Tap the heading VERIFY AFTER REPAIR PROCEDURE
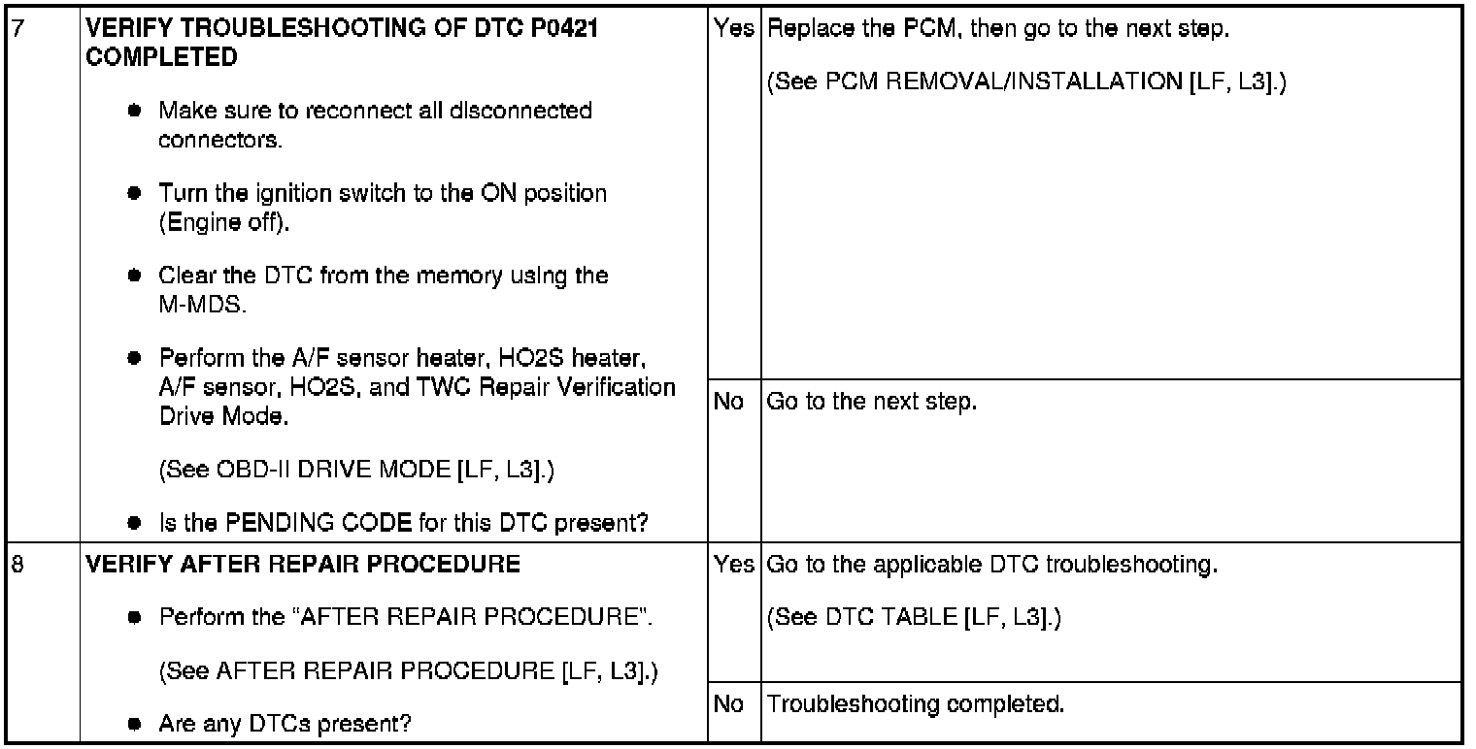[303, 564]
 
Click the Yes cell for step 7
[734, 30]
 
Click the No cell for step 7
[728, 401]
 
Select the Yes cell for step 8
[734, 564]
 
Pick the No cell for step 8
[728, 703]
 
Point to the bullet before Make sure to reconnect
[138, 112]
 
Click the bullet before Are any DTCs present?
[138, 724]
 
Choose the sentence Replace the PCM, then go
[999, 30]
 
